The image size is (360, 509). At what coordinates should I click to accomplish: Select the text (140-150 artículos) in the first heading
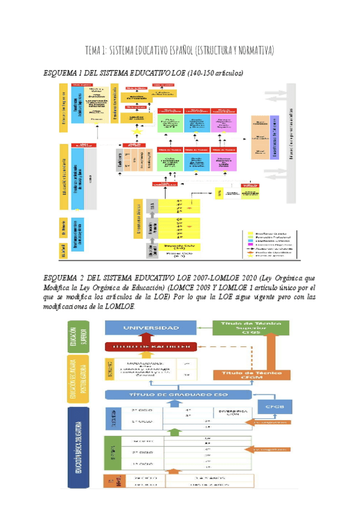[x=215, y=73]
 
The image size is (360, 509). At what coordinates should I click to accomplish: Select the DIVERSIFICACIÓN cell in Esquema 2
[x=229, y=415]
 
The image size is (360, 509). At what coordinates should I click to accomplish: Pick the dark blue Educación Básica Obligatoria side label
[x=78, y=445]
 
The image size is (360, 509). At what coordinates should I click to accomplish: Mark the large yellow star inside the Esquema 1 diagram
[x=136, y=131]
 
